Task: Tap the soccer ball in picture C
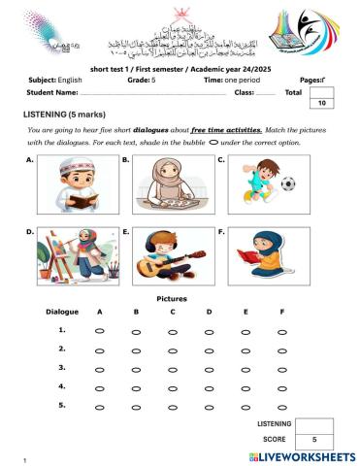[x=288, y=183]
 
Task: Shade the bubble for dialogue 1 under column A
[x=100, y=331]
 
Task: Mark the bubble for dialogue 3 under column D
[x=209, y=368]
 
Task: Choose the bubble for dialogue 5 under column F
[x=281, y=406]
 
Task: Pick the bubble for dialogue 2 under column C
[x=173, y=349]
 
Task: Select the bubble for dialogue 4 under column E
[x=245, y=387]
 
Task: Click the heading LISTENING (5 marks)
[x=61, y=115]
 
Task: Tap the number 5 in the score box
[x=313, y=441]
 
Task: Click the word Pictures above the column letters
[x=171, y=299]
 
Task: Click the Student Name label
[x=53, y=92]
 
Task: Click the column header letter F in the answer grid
[x=281, y=312]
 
